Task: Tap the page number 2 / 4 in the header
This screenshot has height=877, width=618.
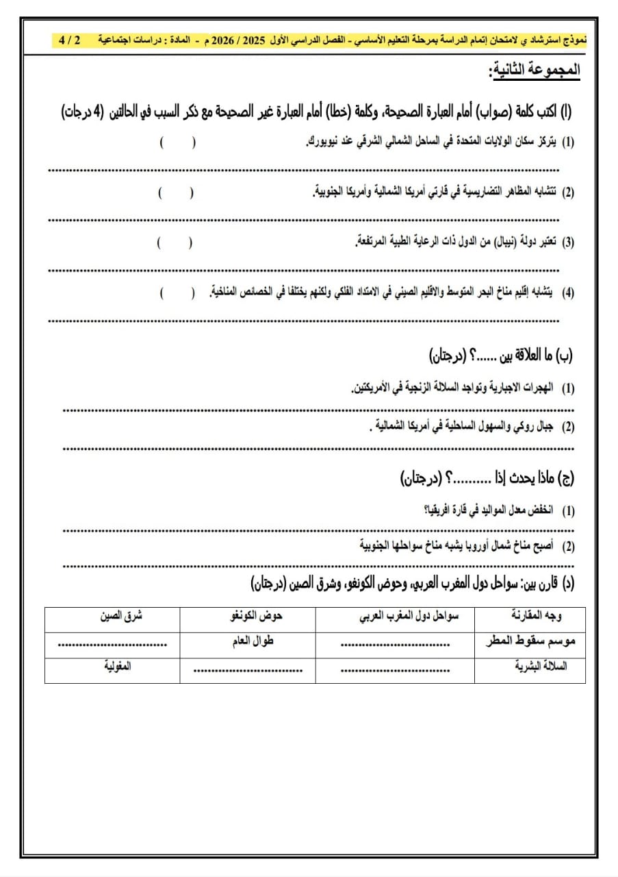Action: point(69,40)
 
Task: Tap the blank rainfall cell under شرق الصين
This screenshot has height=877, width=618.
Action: point(112,643)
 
